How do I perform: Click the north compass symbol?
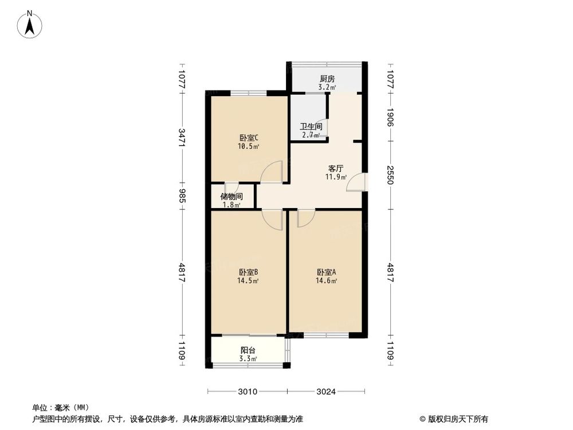coord(30,25)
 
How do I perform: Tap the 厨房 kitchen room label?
coord(327,79)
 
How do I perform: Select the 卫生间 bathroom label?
coord(311,127)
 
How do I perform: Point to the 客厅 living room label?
coord(336,169)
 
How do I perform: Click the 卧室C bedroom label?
coord(249,138)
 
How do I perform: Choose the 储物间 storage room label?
coord(231,197)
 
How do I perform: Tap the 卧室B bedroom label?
coord(248,272)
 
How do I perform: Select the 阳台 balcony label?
coord(248,350)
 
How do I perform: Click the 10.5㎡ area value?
coord(249,146)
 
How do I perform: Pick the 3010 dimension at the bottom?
coord(247,392)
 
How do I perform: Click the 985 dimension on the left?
coord(182,197)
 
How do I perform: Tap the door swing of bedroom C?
coord(273,173)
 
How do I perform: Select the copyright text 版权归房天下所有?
coord(458,419)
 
